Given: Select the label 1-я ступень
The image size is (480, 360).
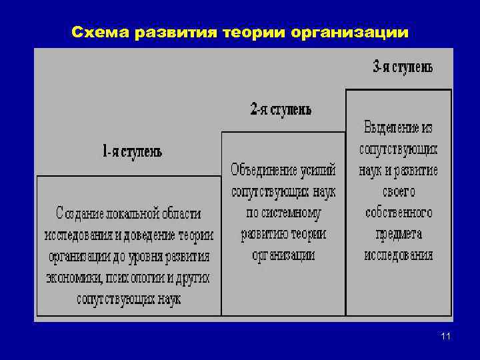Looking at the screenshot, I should (133, 151).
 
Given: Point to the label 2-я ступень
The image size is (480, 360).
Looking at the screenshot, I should (281, 109).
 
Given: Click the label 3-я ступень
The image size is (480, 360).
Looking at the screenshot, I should (403, 67).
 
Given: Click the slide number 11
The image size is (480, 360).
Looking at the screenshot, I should (445, 337).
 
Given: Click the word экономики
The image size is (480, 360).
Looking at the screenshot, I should (73, 277).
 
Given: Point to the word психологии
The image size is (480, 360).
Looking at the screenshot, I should (134, 277).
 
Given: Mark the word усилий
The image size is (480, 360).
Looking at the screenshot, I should (317, 171).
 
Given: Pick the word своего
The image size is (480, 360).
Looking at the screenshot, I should (399, 191).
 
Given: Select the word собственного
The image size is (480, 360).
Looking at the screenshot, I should (399, 213).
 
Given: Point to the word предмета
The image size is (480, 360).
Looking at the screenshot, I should (399, 234).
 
